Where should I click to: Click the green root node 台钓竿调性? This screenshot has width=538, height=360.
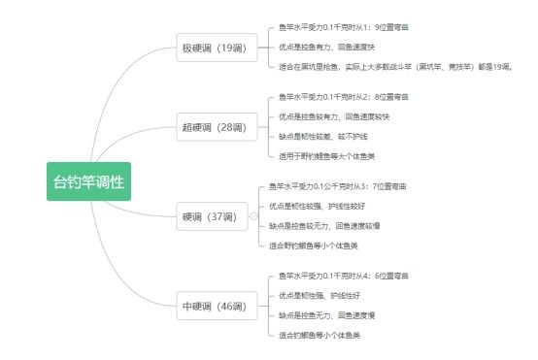coord(88,180)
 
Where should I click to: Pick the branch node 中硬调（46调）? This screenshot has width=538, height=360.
coord(214,307)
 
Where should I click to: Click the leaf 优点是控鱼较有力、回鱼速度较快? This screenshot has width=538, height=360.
coord(334,117)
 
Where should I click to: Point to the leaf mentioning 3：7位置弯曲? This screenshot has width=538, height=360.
coord(338,185)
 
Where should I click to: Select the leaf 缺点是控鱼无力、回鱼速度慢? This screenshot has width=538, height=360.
coord(324,315)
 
